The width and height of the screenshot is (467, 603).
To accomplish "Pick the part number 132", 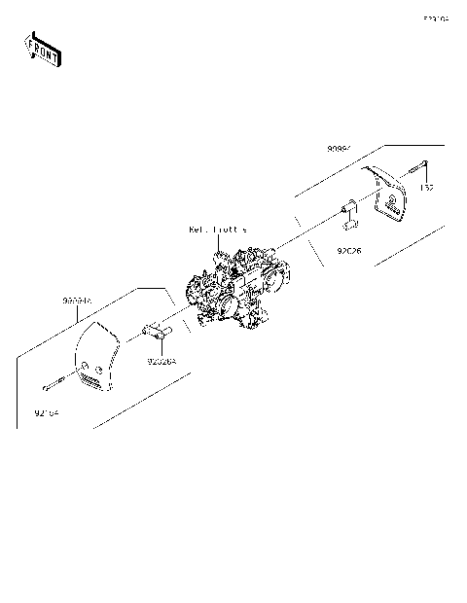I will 426,186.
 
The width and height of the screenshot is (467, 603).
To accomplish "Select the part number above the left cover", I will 77,301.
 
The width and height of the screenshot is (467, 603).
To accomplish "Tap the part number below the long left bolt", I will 47,412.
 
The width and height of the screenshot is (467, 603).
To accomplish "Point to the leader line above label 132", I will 425,176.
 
